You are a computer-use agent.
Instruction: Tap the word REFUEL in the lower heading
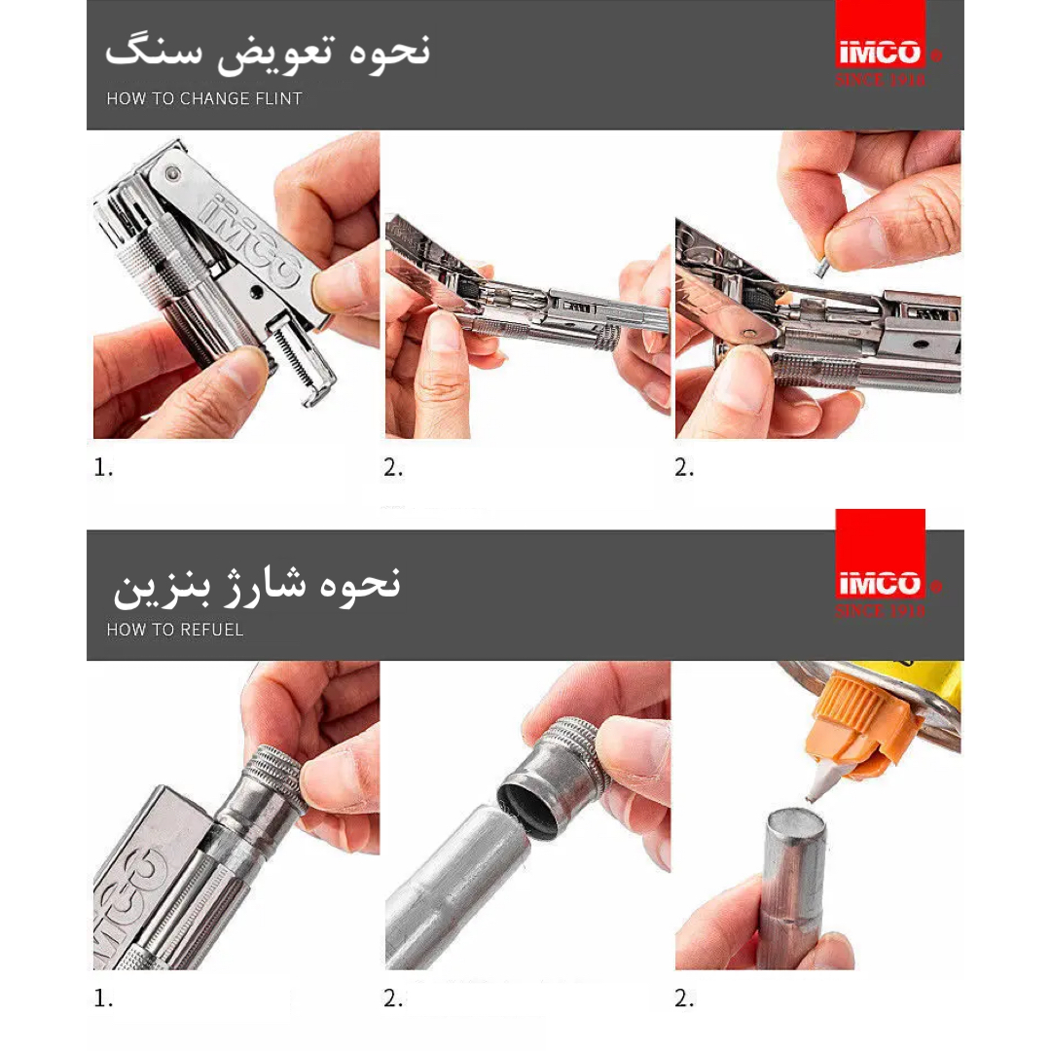tap(212, 630)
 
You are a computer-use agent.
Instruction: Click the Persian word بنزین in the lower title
tap(162, 589)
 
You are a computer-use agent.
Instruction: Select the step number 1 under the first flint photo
tap(103, 467)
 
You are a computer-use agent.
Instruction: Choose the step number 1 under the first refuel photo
tap(103, 998)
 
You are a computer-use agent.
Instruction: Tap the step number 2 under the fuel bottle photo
tap(684, 998)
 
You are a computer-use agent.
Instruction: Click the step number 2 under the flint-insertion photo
tap(684, 467)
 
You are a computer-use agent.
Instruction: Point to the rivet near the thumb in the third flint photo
tap(748, 333)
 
